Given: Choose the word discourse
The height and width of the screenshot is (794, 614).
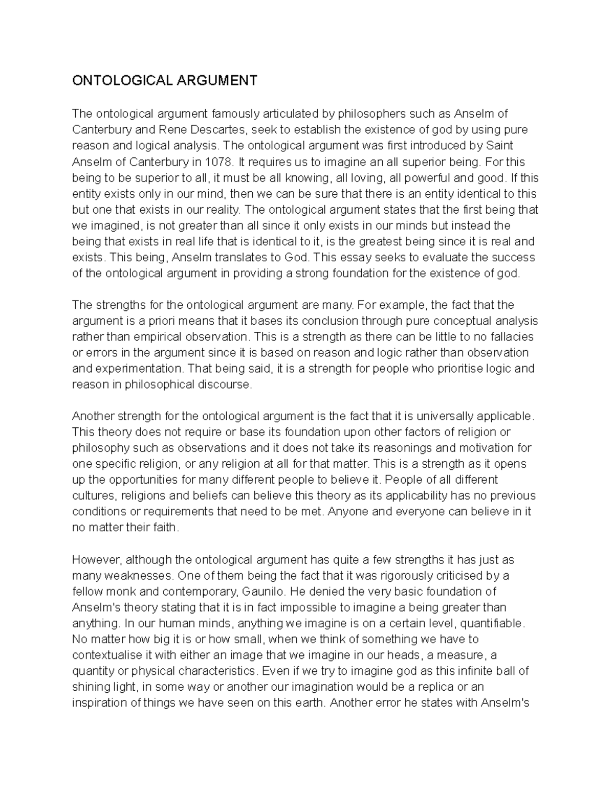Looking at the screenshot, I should [224, 384].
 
